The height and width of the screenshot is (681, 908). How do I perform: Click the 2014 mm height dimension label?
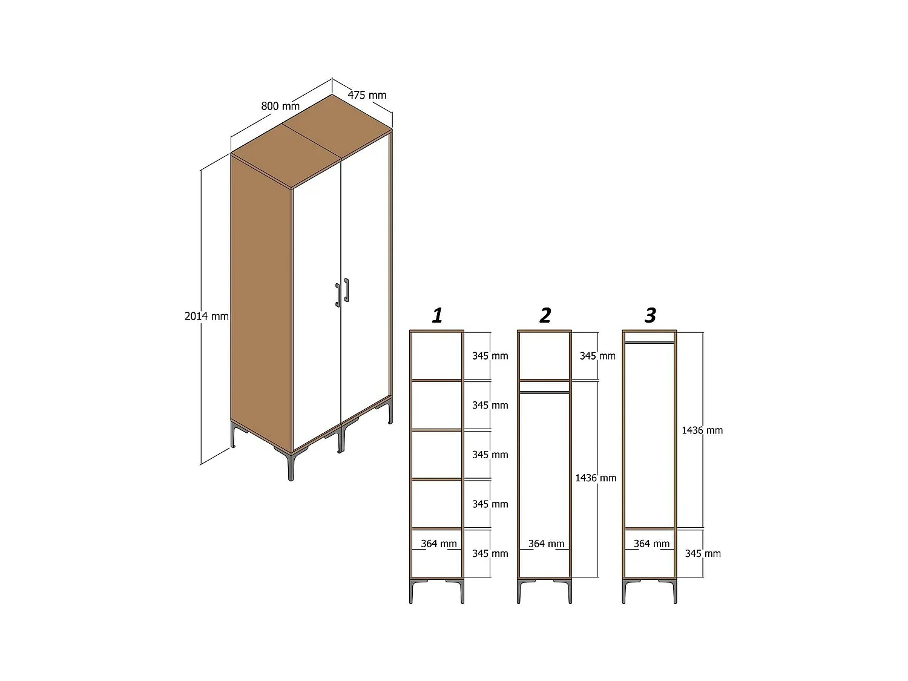pyautogui.click(x=206, y=317)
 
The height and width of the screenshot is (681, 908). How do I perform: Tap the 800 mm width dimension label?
pyautogui.click(x=280, y=107)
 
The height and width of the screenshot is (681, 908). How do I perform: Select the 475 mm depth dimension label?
pyautogui.click(x=366, y=95)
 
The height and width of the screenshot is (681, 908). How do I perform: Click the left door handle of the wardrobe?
pyautogui.click(x=338, y=295)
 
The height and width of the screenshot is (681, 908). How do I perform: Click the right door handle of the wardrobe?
pyautogui.click(x=347, y=291)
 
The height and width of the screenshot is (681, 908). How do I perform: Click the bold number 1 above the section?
pyautogui.click(x=437, y=315)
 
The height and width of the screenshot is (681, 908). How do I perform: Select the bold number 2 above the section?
pyautogui.click(x=545, y=315)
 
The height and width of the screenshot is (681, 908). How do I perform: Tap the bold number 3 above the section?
pyautogui.click(x=650, y=315)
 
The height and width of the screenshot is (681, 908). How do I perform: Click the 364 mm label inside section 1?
pyautogui.click(x=438, y=544)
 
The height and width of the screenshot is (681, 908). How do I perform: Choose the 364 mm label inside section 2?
pyautogui.click(x=546, y=544)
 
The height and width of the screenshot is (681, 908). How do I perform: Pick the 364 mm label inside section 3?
pyautogui.click(x=651, y=544)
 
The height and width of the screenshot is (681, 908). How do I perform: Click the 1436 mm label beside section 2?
pyautogui.click(x=596, y=478)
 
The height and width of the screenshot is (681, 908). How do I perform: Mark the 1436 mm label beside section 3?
pyautogui.click(x=702, y=430)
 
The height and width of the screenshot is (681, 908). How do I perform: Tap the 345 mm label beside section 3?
pyautogui.click(x=703, y=554)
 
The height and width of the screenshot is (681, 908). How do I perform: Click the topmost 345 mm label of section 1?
pyautogui.click(x=490, y=356)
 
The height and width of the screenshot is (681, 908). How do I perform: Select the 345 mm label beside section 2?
pyautogui.click(x=597, y=356)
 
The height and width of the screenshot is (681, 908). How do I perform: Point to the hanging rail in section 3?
pyautogui.click(x=650, y=343)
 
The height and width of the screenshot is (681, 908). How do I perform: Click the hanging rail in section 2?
pyautogui.click(x=544, y=392)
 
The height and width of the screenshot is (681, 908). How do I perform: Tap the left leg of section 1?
pyautogui.click(x=412, y=591)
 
